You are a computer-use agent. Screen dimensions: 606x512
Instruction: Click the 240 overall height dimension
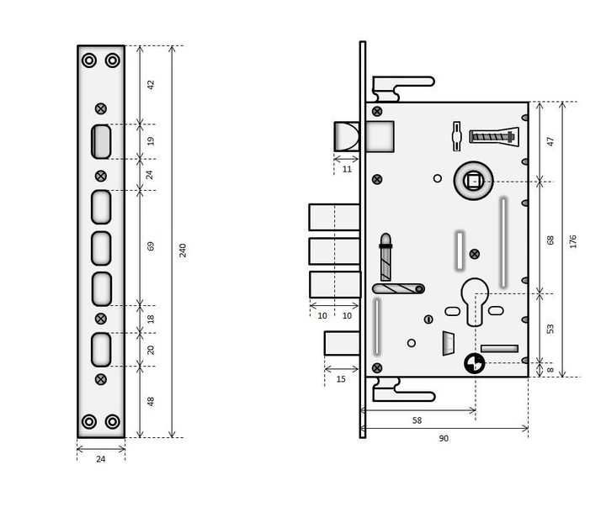click(183, 251)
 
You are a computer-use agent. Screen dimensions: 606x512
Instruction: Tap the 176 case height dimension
click(573, 241)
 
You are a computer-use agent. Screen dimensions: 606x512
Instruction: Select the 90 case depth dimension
click(444, 439)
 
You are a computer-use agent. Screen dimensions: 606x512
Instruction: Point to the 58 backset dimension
click(417, 420)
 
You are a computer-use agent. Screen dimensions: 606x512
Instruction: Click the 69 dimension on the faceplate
click(151, 246)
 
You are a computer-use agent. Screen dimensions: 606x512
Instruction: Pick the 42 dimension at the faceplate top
click(151, 85)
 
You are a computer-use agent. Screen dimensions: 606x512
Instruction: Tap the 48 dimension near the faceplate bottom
click(151, 402)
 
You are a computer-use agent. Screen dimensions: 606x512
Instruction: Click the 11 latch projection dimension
click(347, 169)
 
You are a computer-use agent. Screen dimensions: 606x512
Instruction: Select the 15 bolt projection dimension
click(341, 379)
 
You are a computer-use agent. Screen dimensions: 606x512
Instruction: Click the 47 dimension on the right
click(550, 141)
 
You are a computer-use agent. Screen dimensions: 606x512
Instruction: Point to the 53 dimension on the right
click(550, 329)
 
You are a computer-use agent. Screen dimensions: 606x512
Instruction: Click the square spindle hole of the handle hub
click(473, 181)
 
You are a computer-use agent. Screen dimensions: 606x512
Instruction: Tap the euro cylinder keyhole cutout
click(475, 301)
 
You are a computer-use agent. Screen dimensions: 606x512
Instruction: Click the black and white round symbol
click(474, 363)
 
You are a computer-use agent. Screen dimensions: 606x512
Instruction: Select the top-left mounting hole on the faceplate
click(89, 61)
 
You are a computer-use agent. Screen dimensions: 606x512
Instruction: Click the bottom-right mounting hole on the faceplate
click(113, 422)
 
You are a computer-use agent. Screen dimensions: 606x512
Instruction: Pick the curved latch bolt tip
click(347, 136)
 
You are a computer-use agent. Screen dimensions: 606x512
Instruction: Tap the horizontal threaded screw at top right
click(493, 137)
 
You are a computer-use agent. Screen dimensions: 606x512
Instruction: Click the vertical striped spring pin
click(385, 257)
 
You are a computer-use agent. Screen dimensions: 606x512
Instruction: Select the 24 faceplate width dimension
click(100, 459)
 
